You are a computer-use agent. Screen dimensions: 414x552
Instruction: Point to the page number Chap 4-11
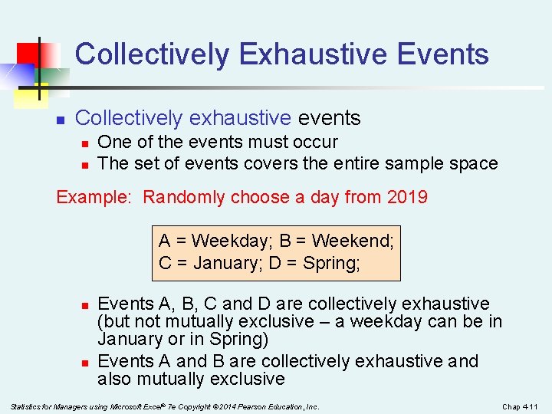pos(521,406)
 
